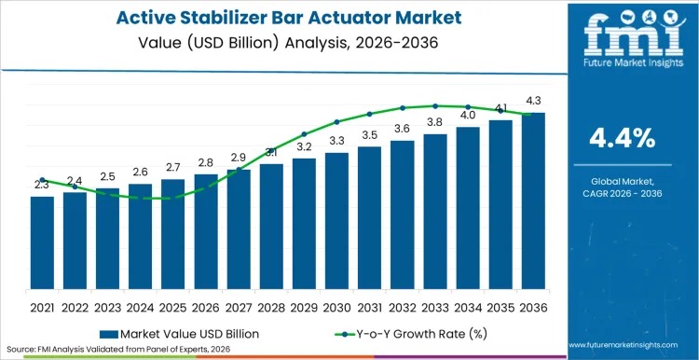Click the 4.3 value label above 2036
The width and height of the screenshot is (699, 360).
[533, 100]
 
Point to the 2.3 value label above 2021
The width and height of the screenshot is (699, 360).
[42, 185]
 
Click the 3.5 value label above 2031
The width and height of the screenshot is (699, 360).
[370, 135]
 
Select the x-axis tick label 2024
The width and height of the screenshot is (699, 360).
[140, 307]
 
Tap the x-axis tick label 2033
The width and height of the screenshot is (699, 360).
[435, 307]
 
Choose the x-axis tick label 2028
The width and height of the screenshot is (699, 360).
[271, 307]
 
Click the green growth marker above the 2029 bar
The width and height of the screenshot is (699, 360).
[304, 133]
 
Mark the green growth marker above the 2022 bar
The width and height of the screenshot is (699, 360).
[75, 187]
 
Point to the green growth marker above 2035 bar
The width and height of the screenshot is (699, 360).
[500, 110]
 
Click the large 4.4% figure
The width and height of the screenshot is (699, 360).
[623, 138]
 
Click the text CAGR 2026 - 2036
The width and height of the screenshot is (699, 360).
[623, 193]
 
